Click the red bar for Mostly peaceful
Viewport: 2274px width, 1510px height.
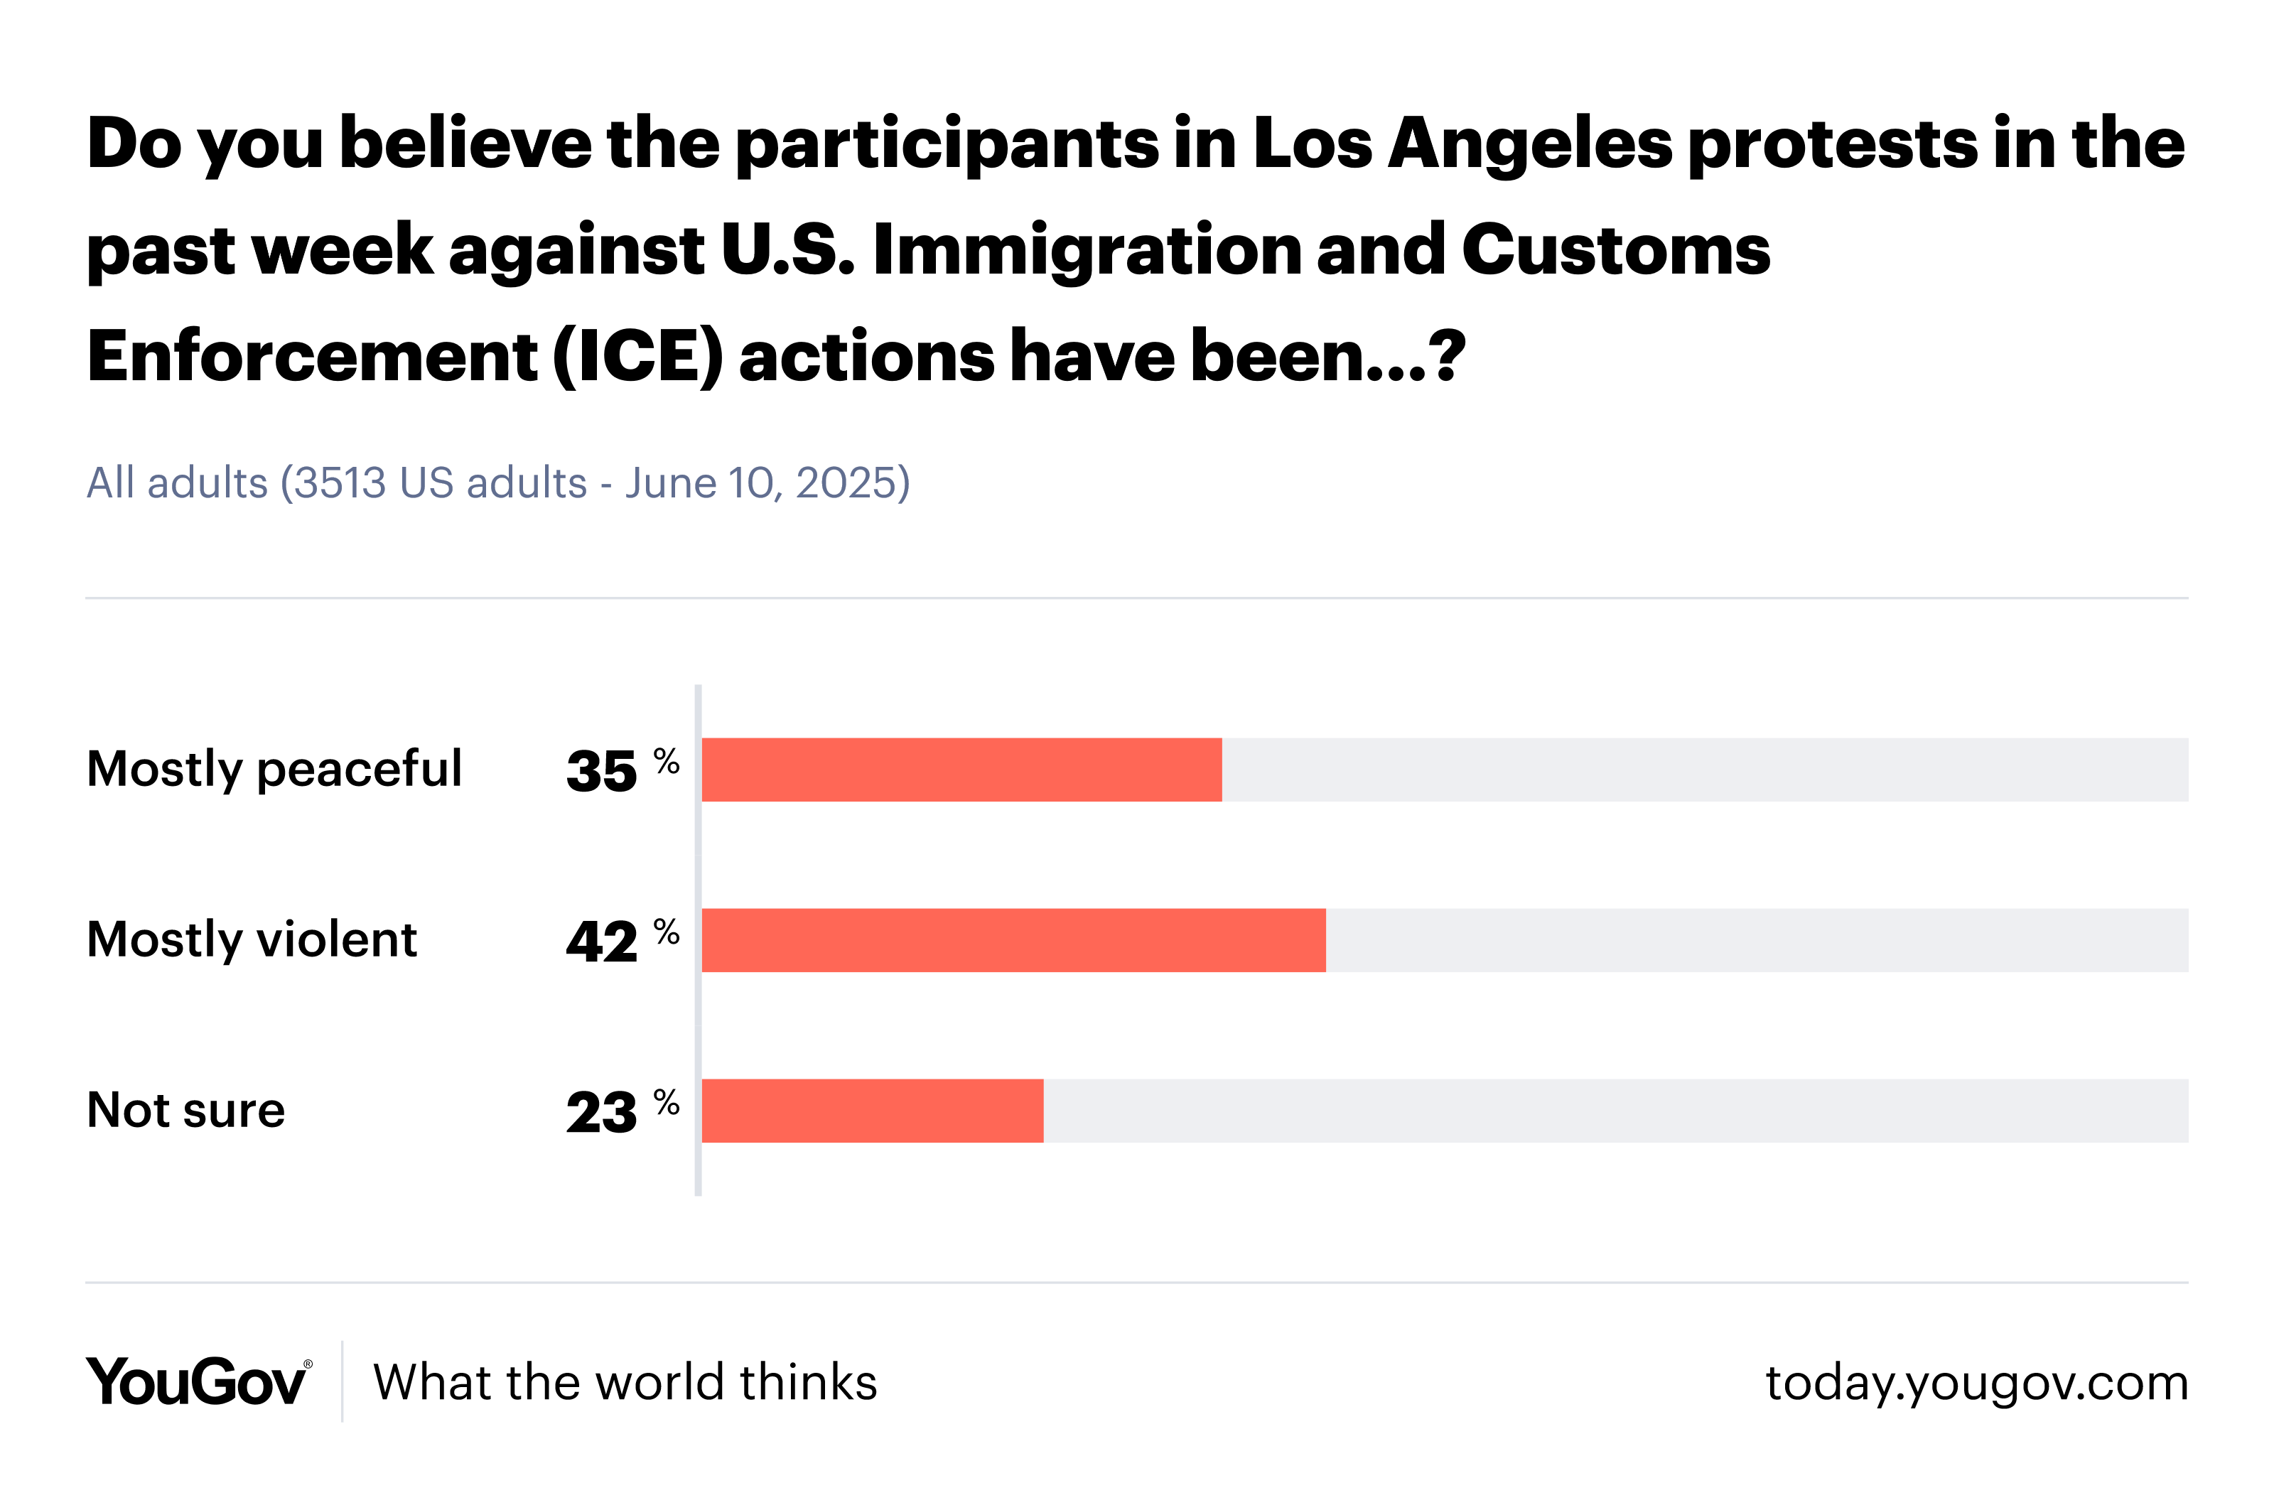click(961, 770)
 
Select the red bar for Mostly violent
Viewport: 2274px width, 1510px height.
click(1013, 940)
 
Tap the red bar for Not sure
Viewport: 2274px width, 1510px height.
click(873, 1111)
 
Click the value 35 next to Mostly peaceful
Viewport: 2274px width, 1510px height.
click(602, 772)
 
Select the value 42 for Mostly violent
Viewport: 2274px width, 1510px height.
click(602, 942)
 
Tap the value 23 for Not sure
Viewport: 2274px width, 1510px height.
click(602, 1112)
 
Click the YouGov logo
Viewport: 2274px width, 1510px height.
click(198, 1382)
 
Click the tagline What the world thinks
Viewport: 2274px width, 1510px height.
click(625, 1382)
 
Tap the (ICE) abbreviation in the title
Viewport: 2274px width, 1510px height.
click(637, 356)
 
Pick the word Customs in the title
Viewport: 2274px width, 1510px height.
click(1616, 250)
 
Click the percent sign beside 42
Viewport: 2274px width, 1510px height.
click(667, 932)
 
